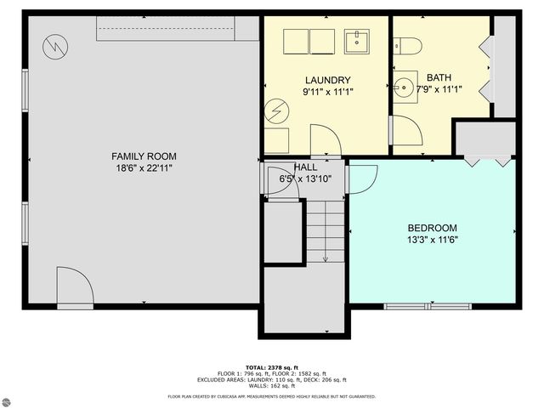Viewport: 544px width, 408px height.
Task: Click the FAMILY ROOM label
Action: (144, 156)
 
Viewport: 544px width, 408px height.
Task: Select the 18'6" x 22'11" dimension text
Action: (144, 168)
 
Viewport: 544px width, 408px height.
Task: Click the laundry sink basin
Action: (356, 40)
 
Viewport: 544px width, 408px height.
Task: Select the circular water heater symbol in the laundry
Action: (276, 110)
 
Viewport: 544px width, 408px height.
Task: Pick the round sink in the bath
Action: (403, 86)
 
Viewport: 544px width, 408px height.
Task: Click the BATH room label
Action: (439, 76)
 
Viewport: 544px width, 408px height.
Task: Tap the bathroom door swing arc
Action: (406, 129)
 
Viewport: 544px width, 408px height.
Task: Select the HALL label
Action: (306, 167)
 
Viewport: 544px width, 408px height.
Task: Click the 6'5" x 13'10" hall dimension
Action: (305, 179)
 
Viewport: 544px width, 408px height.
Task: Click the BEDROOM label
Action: (433, 228)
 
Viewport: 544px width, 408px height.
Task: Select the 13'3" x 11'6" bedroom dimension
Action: (433, 241)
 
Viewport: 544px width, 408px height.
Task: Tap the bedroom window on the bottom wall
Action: (428, 306)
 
